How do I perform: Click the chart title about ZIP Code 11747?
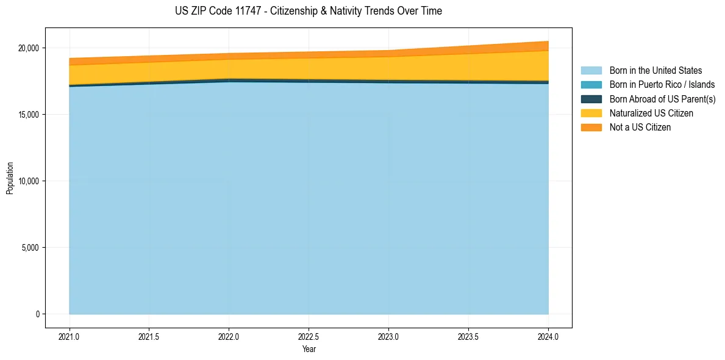[308, 11]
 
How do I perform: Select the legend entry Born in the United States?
[655, 71]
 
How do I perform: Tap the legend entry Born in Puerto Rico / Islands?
[662, 85]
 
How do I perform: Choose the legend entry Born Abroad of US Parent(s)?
[662, 99]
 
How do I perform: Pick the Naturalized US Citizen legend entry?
[651, 113]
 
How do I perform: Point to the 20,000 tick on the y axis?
[28, 48]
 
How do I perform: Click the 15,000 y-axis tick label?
[28, 115]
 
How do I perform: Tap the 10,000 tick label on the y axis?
[28, 181]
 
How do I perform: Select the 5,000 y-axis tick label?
[30, 248]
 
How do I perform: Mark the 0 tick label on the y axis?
[37, 314]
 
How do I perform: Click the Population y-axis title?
[10, 178]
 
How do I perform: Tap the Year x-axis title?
[309, 349]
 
